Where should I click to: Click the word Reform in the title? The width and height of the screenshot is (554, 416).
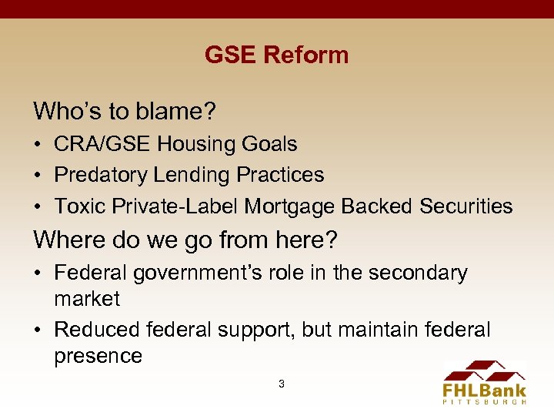tap(305, 55)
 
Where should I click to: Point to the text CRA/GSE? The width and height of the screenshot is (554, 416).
tap(98, 144)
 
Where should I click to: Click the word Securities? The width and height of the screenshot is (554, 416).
tap(466, 206)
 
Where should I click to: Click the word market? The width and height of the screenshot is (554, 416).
tap(87, 299)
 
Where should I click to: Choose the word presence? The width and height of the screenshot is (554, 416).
tap(98, 356)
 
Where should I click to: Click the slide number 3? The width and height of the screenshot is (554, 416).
tap(282, 383)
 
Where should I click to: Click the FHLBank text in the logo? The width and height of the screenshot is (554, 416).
tap(484, 390)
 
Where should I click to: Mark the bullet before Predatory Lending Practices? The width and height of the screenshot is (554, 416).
tap(38, 176)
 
